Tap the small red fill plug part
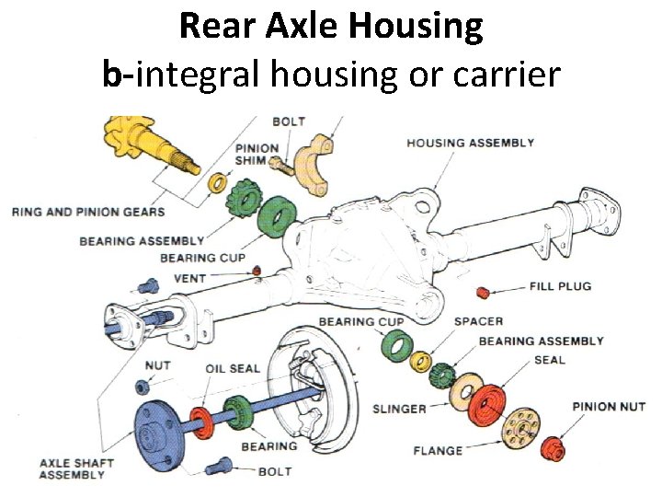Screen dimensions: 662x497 [482, 293]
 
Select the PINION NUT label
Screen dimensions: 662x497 [609, 407]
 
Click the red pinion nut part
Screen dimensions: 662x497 [554, 448]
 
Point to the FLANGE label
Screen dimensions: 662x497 [438, 450]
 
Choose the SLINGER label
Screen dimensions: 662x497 [398, 408]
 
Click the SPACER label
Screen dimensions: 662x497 [479, 321]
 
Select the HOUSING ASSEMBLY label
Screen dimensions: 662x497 [470, 143]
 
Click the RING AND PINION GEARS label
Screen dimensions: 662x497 [88, 212]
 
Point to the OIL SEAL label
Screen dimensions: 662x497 [233, 368]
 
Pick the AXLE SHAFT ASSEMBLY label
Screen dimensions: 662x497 [72, 468]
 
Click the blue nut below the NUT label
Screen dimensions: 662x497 [144, 387]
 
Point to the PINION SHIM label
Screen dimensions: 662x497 [257, 154]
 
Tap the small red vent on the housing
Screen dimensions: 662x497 [257, 270]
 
